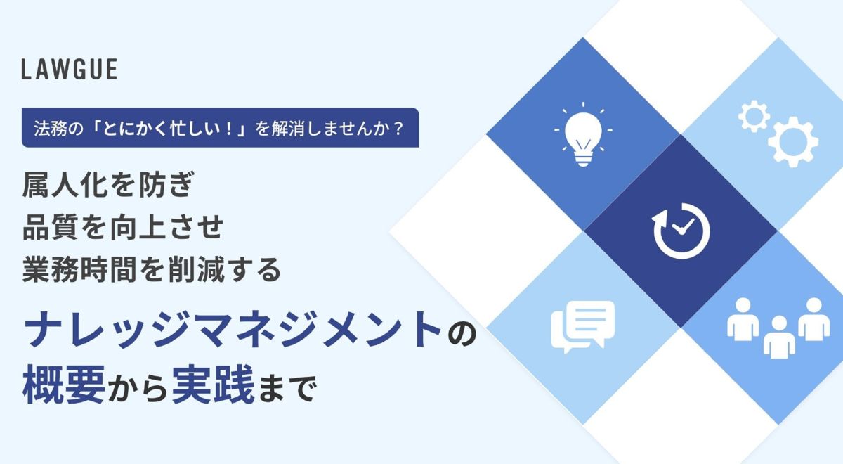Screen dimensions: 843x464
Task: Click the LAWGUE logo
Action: [70, 70]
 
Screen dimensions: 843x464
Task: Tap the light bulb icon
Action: [583, 134]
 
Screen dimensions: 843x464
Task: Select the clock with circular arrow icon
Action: [681, 231]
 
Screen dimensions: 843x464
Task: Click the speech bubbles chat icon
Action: [583, 327]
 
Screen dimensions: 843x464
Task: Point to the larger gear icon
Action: [793, 141]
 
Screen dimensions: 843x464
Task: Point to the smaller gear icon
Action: [754, 117]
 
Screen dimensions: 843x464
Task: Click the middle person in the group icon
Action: [779, 337]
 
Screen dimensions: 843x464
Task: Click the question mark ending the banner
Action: [398, 129]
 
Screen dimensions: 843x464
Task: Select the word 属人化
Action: [66, 184]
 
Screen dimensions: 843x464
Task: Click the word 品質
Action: [51, 227]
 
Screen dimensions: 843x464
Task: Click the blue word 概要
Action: [64, 385]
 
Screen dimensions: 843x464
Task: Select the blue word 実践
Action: [214, 385]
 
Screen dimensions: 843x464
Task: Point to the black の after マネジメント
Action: [462, 331]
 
